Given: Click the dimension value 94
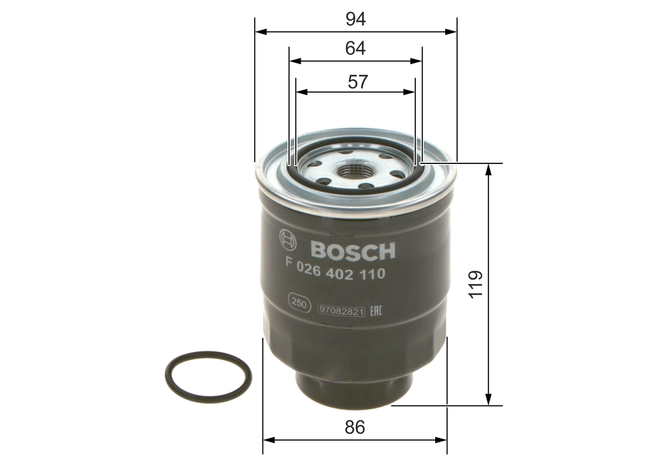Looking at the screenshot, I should coord(355,19).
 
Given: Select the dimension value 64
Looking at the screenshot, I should coord(355,48).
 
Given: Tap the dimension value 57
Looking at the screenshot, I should coord(357,81).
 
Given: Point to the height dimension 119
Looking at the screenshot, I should coord(476,283).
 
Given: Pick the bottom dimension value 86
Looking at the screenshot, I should coord(355,427).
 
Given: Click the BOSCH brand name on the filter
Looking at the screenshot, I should coord(353,250).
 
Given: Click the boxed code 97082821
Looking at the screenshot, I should coord(341,311).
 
